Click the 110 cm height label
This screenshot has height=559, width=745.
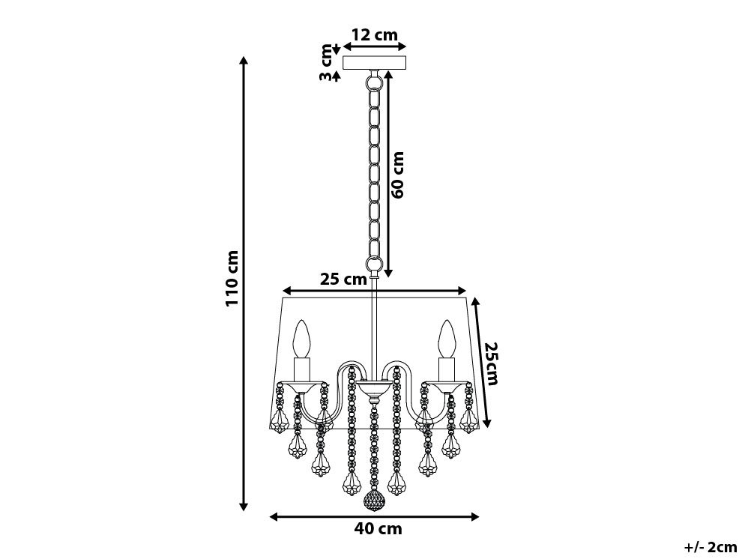[x=232, y=278]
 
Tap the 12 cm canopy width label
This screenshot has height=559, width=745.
[x=375, y=34]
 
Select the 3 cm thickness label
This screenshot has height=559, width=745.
[x=326, y=62]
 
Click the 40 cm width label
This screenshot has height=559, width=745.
[x=378, y=528]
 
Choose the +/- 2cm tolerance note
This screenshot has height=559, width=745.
[x=711, y=547]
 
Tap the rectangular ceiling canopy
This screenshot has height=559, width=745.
[x=375, y=62]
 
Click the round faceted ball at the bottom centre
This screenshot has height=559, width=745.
[x=373, y=501]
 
